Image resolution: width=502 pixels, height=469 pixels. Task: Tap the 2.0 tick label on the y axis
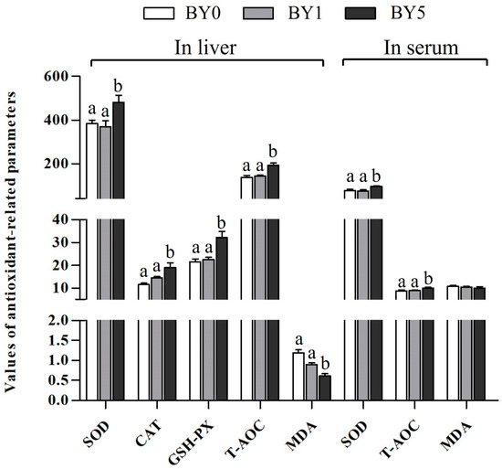coord(61,321)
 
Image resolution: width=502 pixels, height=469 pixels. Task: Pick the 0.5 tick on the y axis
coord(61,380)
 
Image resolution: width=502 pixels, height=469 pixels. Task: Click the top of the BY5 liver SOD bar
coord(118,102)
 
